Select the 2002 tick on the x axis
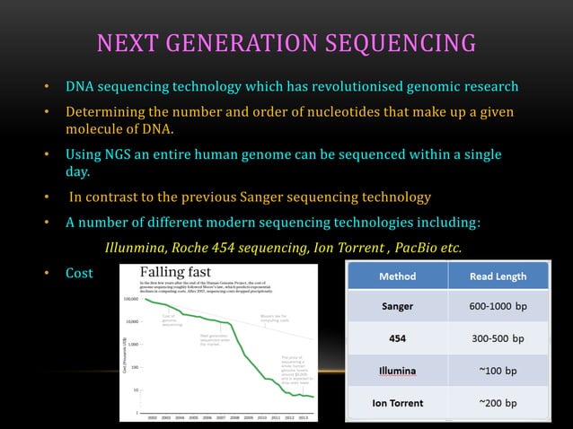(x=152, y=416)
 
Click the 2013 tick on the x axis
(x=305, y=416)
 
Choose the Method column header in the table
(x=397, y=276)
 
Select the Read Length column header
(x=498, y=276)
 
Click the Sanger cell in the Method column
(x=397, y=306)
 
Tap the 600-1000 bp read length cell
(x=498, y=306)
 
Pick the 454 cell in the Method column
(x=397, y=338)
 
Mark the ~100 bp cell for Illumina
(x=498, y=371)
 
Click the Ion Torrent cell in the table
(x=397, y=403)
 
